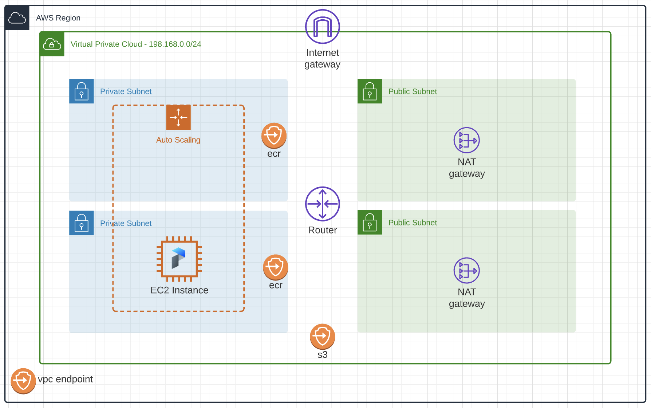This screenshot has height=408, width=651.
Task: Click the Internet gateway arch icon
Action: pos(322,27)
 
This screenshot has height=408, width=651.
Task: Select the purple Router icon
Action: pos(322,204)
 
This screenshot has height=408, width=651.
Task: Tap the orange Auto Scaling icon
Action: pos(178,117)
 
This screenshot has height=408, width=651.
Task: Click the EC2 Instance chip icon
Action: pos(179,259)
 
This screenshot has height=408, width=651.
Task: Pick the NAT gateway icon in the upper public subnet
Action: pos(466,140)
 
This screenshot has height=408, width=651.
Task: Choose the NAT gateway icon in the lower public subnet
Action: pos(466,271)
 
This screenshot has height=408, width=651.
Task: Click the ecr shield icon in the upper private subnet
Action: pos(274,136)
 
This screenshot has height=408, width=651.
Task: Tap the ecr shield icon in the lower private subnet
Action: pos(276,267)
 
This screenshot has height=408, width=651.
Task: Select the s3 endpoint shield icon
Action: pos(322,337)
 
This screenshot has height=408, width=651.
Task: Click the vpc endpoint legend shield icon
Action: pos(23,381)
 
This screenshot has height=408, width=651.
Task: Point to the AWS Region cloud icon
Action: pos(17,17)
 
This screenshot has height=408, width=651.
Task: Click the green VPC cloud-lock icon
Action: pos(52,44)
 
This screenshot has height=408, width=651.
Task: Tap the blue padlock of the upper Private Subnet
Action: pos(82,91)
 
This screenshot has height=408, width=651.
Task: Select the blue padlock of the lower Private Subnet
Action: pos(82,223)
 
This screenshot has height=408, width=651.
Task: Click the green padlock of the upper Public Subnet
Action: pos(370,91)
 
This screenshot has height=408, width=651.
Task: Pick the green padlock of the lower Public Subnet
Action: pos(370,222)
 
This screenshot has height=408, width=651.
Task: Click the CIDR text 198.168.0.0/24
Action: pos(175,44)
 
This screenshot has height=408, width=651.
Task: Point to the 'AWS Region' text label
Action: pos(58,18)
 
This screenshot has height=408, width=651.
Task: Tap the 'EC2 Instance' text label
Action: pos(179,290)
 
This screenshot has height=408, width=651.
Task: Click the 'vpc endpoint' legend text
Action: pos(66,379)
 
